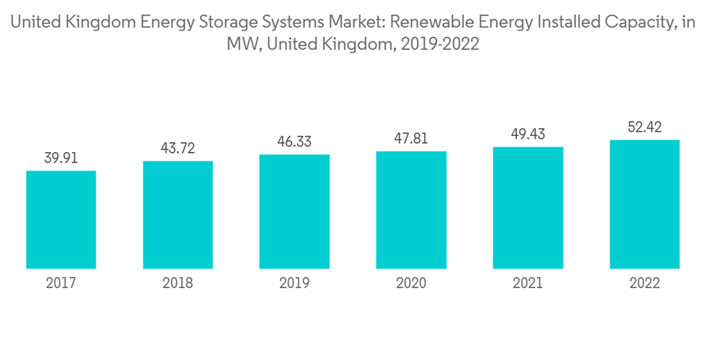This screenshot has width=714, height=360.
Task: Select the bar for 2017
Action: pyautogui.click(x=61, y=219)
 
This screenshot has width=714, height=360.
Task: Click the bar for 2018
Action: pyautogui.click(x=178, y=214)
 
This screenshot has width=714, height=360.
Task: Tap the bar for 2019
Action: pyautogui.click(x=294, y=211)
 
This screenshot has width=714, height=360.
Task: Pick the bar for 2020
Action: pyautogui.click(x=411, y=209)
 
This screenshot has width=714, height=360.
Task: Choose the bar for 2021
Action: pyautogui.click(x=528, y=207)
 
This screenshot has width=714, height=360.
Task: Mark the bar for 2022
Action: pyautogui.click(x=645, y=204)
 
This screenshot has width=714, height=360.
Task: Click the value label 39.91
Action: pyautogui.click(x=61, y=159)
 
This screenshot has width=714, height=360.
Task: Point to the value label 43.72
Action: pyautogui.click(x=178, y=149)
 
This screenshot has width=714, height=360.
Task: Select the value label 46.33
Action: pyautogui.click(x=294, y=142)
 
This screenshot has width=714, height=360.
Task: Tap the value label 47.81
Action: pyautogui.click(x=411, y=139)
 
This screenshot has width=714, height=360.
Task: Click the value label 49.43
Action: pyautogui.click(x=528, y=134)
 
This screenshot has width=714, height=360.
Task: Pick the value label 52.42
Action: pyautogui.click(x=645, y=127)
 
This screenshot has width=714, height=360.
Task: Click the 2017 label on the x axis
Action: pyautogui.click(x=61, y=284)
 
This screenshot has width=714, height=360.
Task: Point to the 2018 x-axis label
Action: pyautogui.click(x=178, y=284)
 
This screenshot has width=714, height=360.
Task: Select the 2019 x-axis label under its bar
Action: pyautogui.click(x=294, y=284)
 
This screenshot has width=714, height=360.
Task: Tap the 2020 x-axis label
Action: pyautogui.click(x=411, y=284)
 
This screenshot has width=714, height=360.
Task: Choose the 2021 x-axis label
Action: pyautogui.click(x=528, y=284)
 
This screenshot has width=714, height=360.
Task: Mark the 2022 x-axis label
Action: pyautogui.click(x=645, y=284)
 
